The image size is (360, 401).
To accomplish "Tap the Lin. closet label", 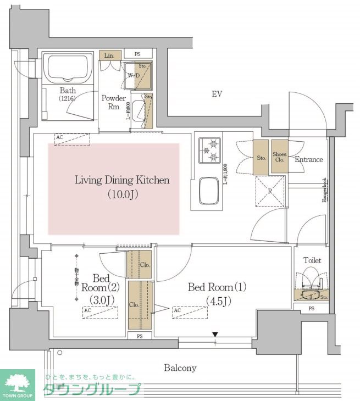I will click(108, 56).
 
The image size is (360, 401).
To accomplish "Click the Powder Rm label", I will click(114, 103).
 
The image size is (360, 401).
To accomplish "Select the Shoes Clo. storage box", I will click(279, 158).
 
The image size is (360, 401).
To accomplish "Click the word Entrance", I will click(309, 160).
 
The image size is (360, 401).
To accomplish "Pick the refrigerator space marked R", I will click(270, 192).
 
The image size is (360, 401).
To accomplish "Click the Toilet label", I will click(312, 260).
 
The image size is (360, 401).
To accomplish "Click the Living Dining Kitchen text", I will click(122, 180).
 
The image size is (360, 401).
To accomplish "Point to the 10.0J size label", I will click(122, 194).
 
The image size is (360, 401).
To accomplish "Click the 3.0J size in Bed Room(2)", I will click(101, 300).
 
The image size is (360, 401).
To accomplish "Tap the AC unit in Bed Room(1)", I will click(190, 312).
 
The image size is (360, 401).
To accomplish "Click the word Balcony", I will click(180, 368).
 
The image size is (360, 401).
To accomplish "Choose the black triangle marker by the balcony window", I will click(215, 334).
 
